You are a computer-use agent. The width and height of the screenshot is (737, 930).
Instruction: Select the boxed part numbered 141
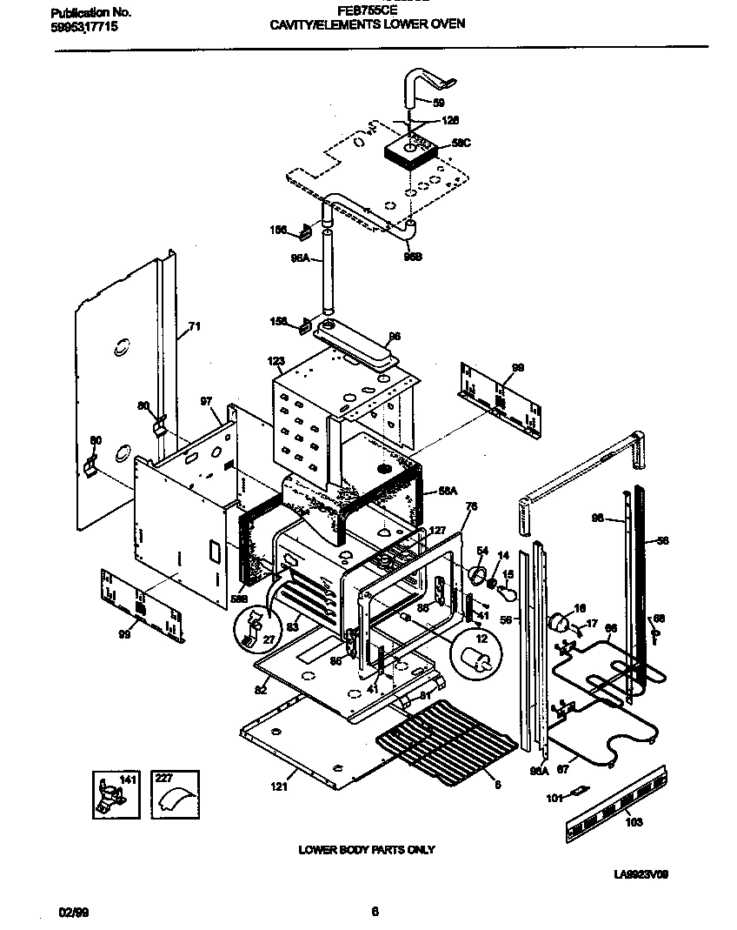click(x=115, y=793)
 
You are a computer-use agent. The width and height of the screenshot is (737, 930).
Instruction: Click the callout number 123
click(x=276, y=360)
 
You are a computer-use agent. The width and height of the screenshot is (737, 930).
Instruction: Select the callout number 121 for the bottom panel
click(x=277, y=787)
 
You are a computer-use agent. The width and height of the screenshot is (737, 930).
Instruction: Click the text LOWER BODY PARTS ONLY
click(x=367, y=849)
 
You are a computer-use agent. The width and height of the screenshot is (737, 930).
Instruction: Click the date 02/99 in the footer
click(x=72, y=912)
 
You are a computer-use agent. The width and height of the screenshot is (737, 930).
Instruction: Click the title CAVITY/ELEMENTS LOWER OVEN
click(x=368, y=24)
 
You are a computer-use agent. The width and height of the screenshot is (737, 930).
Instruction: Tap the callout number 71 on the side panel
click(x=194, y=327)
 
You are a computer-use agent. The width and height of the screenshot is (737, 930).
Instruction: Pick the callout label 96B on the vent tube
click(x=411, y=256)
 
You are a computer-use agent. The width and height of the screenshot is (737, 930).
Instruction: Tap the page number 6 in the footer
click(x=375, y=912)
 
